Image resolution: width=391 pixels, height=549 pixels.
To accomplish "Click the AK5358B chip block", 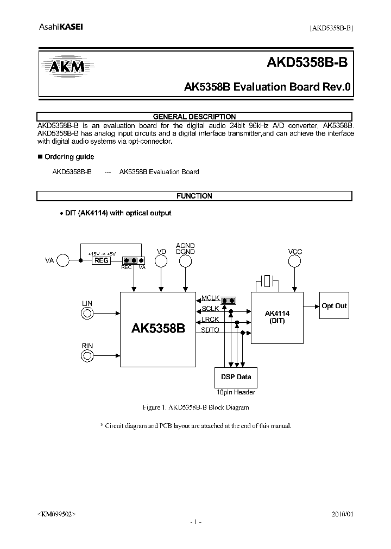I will [x=157, y=329].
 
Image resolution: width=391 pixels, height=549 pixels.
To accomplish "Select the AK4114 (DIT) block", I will [x=276, y=317].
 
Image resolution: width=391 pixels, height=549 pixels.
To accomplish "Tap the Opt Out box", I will [x=334, y=306].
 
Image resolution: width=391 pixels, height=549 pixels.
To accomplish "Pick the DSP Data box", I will [x=236, y=377].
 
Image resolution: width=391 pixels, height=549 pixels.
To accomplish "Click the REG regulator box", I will [x=102, y=260].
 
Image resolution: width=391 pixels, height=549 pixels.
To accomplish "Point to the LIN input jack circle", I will [x=87, y=313].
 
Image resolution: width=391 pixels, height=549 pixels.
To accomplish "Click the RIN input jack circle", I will [x=87, y=355].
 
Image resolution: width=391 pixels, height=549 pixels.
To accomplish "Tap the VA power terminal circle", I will [x=64, y=261].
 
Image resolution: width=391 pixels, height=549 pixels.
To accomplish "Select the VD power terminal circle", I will [x=161, y=261].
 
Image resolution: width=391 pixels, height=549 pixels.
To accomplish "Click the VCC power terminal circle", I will [x=295, y=261].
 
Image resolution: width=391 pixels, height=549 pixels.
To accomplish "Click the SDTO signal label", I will [x=210, y=330].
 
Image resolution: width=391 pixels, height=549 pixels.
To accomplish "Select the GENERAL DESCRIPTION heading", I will [x=194, y=117].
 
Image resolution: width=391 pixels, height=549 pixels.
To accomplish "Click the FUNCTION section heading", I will [x=194, y=196].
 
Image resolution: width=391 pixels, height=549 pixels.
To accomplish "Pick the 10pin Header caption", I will [x=236, y=392].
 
